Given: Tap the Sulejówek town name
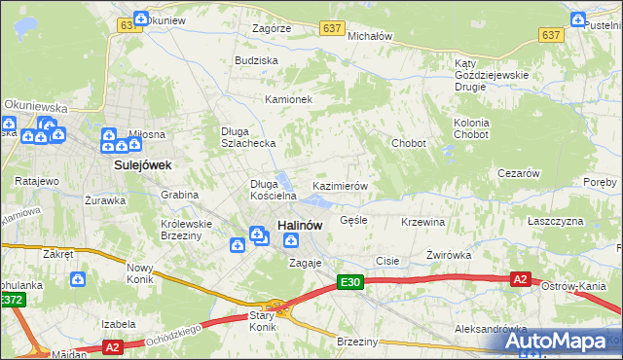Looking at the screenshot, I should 142,165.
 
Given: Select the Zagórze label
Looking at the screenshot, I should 271,29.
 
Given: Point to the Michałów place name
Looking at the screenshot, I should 369,35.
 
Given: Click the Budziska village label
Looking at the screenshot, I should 256,60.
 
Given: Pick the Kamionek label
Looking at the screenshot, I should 288,99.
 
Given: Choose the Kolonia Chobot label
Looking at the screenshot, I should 471,128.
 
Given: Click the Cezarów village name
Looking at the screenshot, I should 518,173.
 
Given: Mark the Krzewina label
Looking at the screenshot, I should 422,222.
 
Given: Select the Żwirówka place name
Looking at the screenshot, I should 449,255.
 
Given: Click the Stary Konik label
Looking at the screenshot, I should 261,321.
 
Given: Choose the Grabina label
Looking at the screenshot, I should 180,195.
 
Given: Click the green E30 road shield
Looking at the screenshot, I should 350,282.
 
